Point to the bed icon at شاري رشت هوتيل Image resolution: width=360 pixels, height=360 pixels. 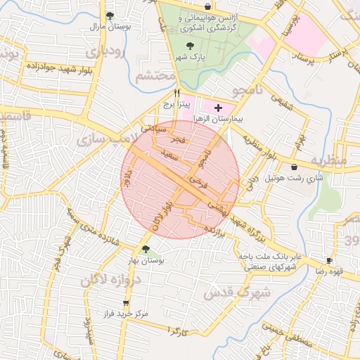coord(294,167)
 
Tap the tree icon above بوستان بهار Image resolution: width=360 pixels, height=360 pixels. coord(146,249)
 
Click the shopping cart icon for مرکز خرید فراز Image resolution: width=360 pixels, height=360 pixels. coord(126,303)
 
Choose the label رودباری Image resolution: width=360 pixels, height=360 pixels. coord(105,52)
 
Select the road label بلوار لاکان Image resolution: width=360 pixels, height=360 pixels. coord(160,212)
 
